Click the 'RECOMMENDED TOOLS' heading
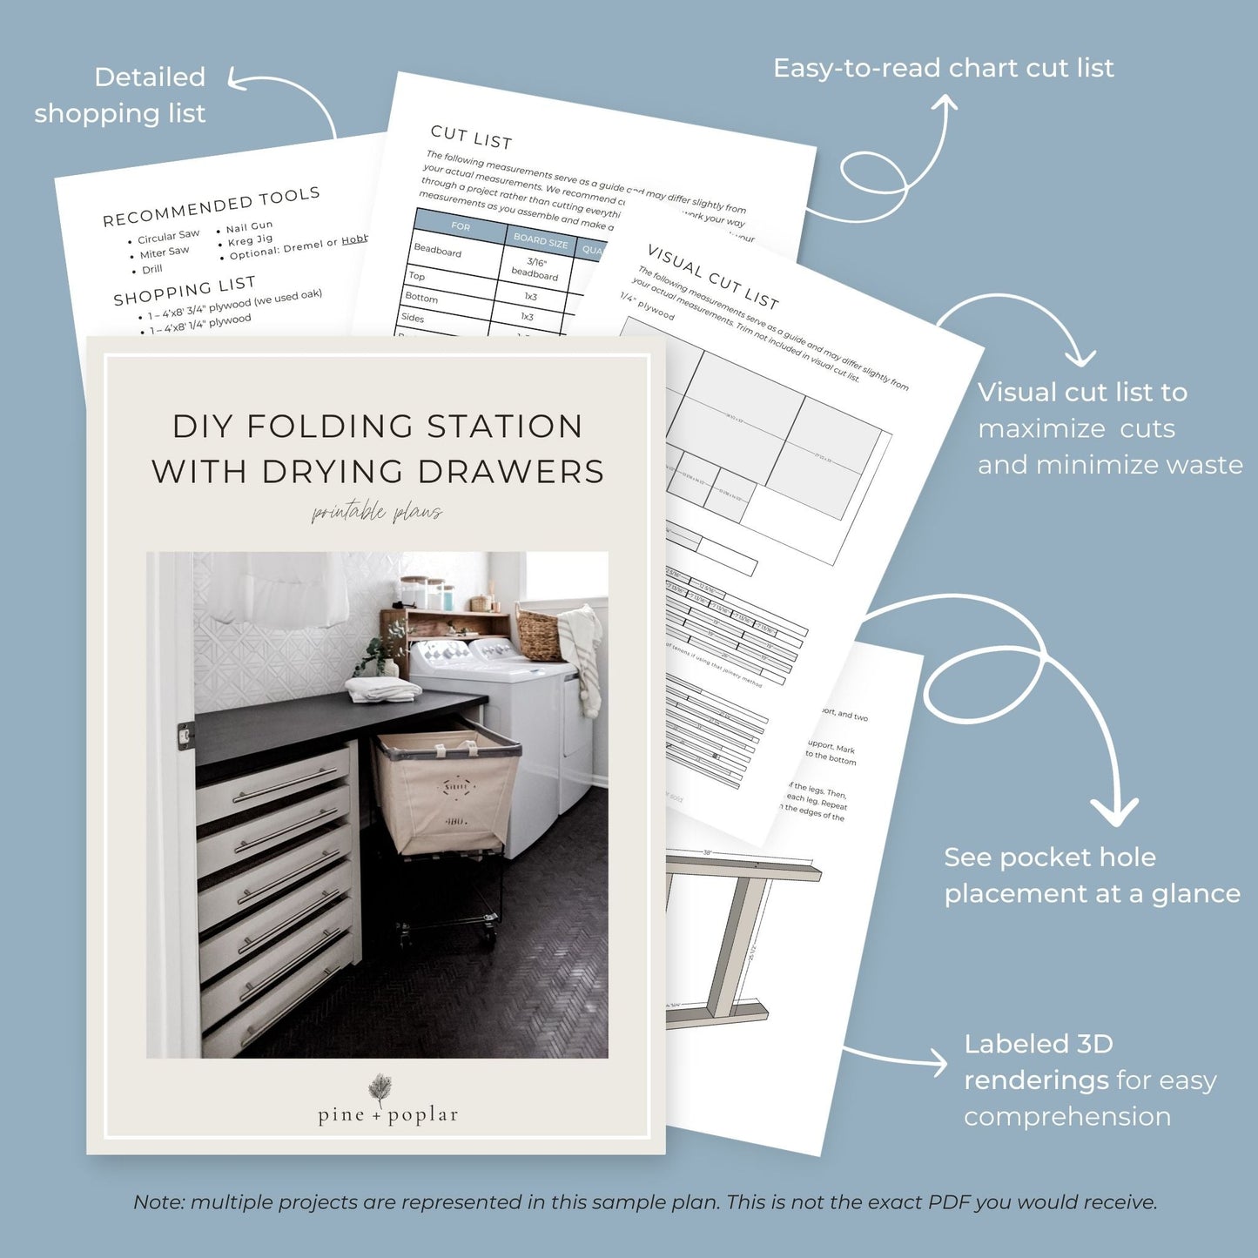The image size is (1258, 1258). click(x=211, y=206)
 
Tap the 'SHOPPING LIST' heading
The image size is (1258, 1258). click(x=184, y=291)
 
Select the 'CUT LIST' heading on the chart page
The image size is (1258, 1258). click(x=471, y=137)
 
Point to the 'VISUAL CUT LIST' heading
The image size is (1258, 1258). click(x=713, y=276)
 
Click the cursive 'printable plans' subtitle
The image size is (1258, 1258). click(x=377, y=513)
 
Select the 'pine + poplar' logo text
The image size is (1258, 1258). click(x=387, y=1115)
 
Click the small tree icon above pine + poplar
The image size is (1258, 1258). click(x=380, y=1087)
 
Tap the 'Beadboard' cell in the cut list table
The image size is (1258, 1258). click(x=438, y=251)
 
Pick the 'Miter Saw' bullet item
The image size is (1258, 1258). click(x=165, y=252)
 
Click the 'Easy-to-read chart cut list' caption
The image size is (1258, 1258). click(x=943, y=68)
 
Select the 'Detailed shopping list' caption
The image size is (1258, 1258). click(x=120, y=95)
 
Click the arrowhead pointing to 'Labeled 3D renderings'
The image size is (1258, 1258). click(x=939, y=1062)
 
